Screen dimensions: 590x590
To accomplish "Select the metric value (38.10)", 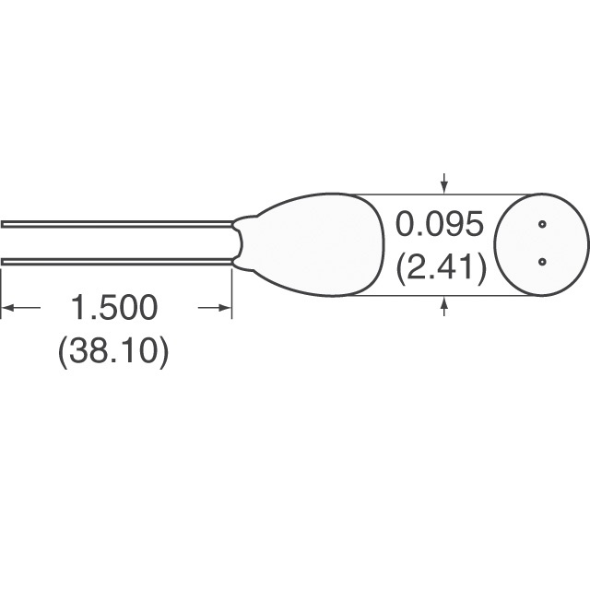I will (x=113, y=352).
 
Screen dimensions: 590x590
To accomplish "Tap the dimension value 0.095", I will (x=439, y=225).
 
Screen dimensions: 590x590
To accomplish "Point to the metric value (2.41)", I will (x=440, y=268).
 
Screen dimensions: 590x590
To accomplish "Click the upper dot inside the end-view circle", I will (x=542, y=224).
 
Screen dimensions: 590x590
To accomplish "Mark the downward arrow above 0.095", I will (x=444, y=184).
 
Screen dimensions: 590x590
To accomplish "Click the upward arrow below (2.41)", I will (x=444, y=304).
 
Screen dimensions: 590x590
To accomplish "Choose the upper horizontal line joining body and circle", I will (x=433, y=194).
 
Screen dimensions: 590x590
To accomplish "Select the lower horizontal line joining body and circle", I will (x=433, y=296).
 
